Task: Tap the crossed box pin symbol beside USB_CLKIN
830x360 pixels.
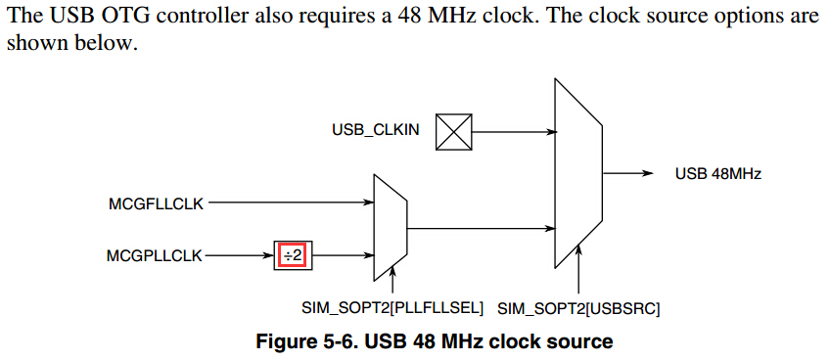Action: click(453, 130)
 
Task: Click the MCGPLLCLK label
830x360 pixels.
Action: click(155, 255)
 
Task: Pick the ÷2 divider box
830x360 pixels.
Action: click(291, 255)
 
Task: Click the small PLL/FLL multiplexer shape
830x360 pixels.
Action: click(391, 228)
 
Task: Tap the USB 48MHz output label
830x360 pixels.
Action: click(717, 174)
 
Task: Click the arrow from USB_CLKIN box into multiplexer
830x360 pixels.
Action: click(513, 130)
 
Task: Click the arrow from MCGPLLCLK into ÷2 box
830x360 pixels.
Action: click(240, 255)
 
